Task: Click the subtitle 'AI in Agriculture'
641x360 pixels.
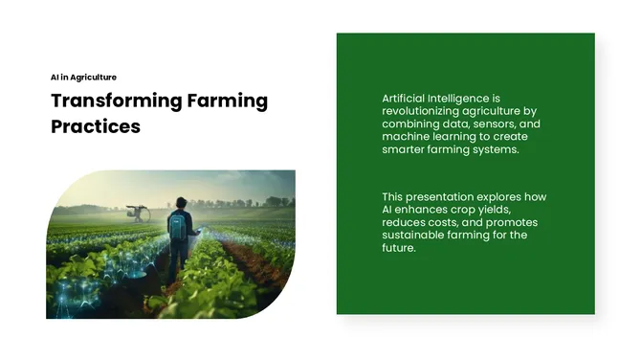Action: click(84, 77)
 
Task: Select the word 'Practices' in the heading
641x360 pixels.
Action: click(96, 126)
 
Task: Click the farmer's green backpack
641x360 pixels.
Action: click(177, 226)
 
